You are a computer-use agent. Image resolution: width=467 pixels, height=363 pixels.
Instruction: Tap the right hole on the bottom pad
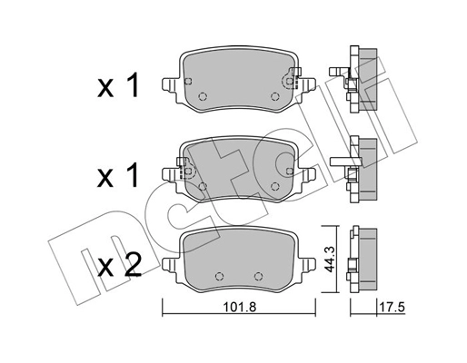point(258,276)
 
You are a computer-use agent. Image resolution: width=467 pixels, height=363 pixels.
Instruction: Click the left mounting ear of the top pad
point(169,87)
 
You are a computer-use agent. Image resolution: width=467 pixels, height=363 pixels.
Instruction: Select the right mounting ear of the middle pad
point(308,172)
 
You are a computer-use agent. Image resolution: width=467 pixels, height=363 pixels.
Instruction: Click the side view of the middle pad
point(363,169)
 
